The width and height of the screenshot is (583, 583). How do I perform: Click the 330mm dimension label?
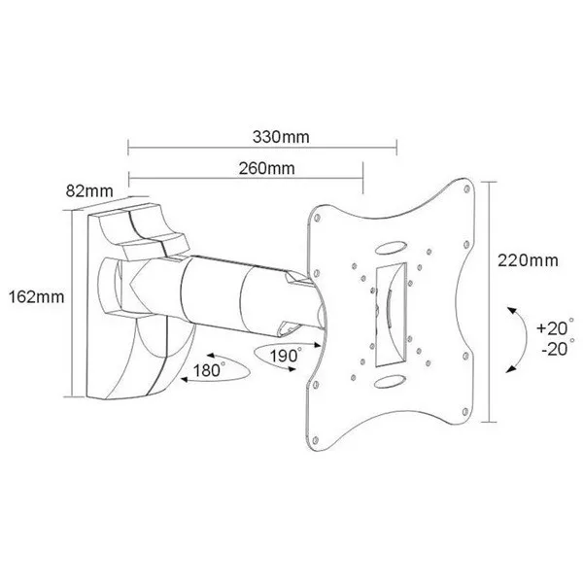coord(281,137)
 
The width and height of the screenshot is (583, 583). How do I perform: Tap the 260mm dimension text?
coord(266,168)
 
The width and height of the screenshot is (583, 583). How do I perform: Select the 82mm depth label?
coord(89,191)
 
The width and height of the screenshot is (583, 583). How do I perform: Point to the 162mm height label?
coord(37,297)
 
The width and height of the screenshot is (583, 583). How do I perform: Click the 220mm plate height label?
coord(528,260)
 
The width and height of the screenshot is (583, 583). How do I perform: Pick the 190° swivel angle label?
coord(286,356)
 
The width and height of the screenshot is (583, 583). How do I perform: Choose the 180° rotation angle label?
coord(209,370)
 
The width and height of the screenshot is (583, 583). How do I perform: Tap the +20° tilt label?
coord(556,327)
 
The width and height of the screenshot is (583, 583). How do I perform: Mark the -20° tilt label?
coord(558,348)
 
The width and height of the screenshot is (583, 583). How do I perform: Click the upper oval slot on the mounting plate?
coord(391,247)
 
